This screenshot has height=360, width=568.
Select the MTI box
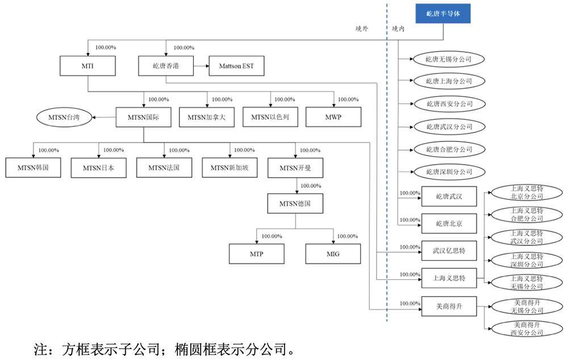pos(87,66)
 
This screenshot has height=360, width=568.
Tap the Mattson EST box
pos(236,66)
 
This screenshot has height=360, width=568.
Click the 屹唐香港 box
pos(166,66)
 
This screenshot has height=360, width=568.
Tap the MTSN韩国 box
pos(33,168)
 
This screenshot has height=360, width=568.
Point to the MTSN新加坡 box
pos(229,168)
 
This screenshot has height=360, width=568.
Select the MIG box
pos(333,253)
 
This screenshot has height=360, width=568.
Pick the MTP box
pos(256,253)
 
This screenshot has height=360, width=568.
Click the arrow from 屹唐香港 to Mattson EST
pos(201,66)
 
